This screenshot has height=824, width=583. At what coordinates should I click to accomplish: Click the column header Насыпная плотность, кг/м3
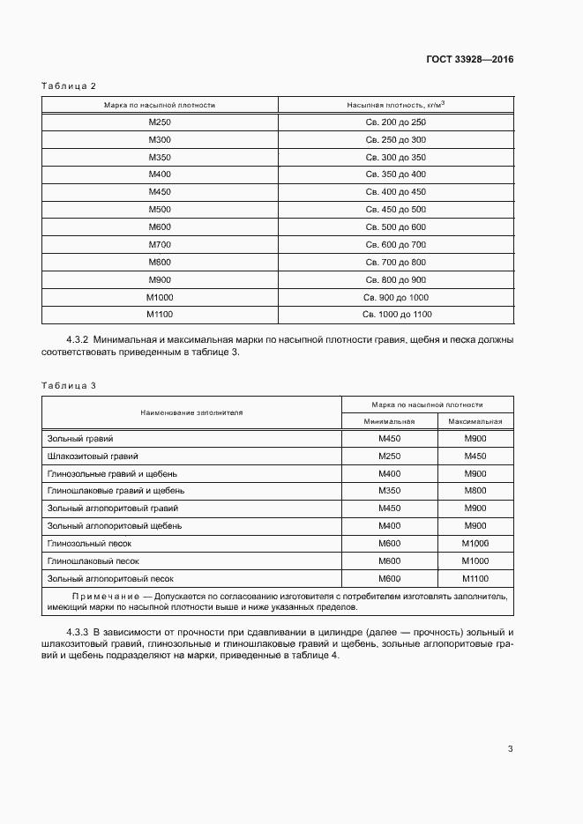tap(395, 105)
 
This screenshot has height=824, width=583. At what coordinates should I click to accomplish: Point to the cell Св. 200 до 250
tap(395, 122)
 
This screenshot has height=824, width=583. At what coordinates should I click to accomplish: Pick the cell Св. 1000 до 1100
tap(395, 314)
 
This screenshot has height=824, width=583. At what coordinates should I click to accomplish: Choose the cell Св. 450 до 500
tap(395, 209)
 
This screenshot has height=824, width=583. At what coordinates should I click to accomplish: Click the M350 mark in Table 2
tap(160, 157)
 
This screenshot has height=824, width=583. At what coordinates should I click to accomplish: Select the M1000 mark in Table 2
tap(160, 297)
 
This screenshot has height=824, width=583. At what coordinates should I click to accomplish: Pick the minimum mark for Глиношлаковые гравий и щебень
tap(389, 491)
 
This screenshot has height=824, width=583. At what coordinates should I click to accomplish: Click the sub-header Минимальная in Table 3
tap(389, 421)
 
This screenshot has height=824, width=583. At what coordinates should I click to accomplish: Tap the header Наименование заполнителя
tap(191, 412)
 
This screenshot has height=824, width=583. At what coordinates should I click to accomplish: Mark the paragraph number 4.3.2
tap(78, 339)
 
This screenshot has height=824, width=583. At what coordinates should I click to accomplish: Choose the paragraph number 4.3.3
tap(78, 634)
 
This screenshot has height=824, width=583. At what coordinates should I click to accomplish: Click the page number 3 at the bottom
tap(510, 749)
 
